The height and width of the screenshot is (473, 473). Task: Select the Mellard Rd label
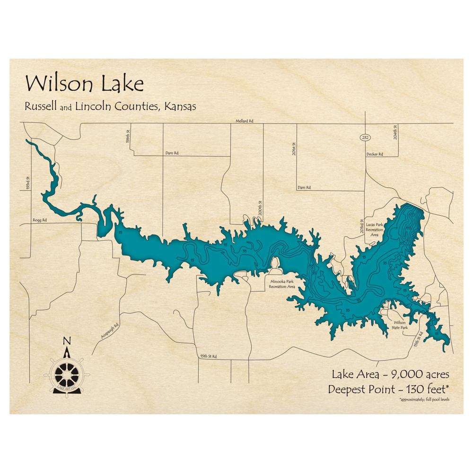point(245,121)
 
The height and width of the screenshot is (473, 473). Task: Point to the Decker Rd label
point(374,154)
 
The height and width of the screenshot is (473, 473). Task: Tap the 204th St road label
point(395,131)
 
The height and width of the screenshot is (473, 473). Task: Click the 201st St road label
point(294,149)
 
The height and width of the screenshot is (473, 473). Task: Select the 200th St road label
point(260,207)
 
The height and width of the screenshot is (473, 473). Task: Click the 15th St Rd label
point(208,356)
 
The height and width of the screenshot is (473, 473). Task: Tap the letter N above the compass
point(67,342)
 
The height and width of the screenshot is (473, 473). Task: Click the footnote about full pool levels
point(424,400)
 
